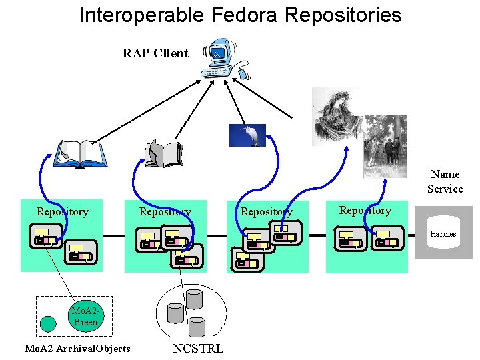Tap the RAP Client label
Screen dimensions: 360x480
tap(155, 53)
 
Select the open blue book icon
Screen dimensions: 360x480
tap(79, 153)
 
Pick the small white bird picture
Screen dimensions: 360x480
tap(247, 135)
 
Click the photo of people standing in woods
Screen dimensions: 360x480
tap(385, 147)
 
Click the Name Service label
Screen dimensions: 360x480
tap(445, 181)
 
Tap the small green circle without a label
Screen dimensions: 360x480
tap(48, 324)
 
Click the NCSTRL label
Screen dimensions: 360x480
tap(198, 349)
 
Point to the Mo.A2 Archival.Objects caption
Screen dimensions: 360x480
tap(77, 349)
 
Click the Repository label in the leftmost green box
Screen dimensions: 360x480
tap(62, 212)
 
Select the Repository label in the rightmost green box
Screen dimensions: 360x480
tap(365, 211)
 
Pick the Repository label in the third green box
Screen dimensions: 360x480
tap(266, 212)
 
